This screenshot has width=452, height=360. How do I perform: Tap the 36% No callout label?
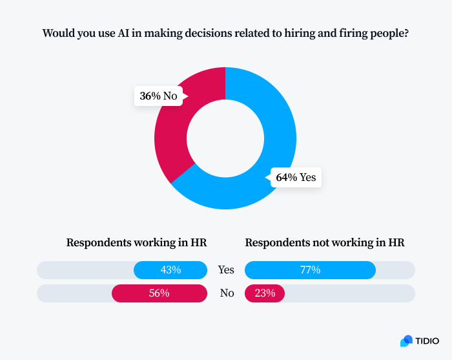[x=158, y=96]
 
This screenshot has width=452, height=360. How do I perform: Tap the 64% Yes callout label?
[x=296, y=177]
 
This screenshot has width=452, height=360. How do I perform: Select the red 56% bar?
[x=159, y=293]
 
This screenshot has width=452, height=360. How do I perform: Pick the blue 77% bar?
[x=310, y=270]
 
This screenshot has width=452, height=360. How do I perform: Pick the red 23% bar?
[x=265, y=293]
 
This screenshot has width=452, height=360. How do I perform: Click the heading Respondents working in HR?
[x=136, y=243]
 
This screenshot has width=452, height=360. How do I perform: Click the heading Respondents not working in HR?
[x=324, y=243]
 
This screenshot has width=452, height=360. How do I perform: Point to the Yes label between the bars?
[x=226, y=270]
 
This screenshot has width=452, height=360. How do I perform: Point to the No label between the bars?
[x=227, y=293]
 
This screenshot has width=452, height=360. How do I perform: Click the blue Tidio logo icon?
[x=406, y=341]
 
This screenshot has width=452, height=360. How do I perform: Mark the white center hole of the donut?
[x=225, y=138]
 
